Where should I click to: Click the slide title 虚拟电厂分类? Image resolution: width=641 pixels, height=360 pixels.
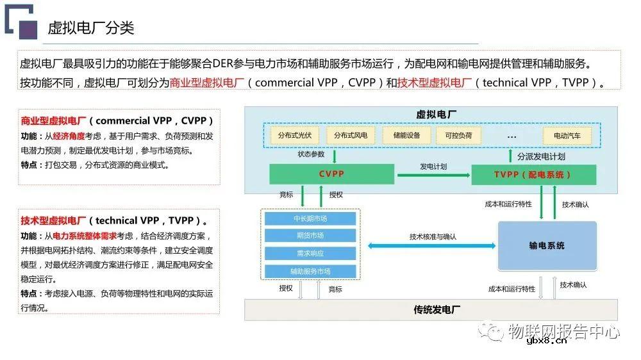pos(90,28)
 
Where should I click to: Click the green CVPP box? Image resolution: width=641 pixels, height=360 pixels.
pos(331,174)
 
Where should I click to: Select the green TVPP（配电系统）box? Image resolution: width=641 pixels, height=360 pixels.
pos(533,174)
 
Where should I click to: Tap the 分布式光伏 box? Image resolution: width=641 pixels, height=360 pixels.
pos(295,135)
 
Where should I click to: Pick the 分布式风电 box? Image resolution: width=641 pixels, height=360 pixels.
pos(351,135)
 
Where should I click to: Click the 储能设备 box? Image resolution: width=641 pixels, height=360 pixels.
pos(406,135)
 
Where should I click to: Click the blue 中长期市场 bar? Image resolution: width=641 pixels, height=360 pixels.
pos(310,218)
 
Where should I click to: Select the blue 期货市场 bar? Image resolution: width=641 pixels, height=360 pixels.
pos(310,236)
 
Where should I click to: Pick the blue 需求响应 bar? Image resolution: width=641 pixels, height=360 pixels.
pos(310,253)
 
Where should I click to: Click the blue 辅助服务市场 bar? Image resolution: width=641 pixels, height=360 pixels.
pos(310,271)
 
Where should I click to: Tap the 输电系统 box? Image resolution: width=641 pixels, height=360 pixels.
pos(547,245)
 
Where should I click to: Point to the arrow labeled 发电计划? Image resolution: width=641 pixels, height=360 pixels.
pos(433,174)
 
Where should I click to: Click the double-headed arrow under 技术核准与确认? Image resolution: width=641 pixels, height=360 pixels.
pos(432,245)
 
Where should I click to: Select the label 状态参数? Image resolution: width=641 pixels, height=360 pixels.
pos(311,154)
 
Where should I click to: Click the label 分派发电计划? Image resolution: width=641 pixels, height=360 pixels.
pos(541,156)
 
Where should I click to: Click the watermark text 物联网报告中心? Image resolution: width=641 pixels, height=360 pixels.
pos(563,331)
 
